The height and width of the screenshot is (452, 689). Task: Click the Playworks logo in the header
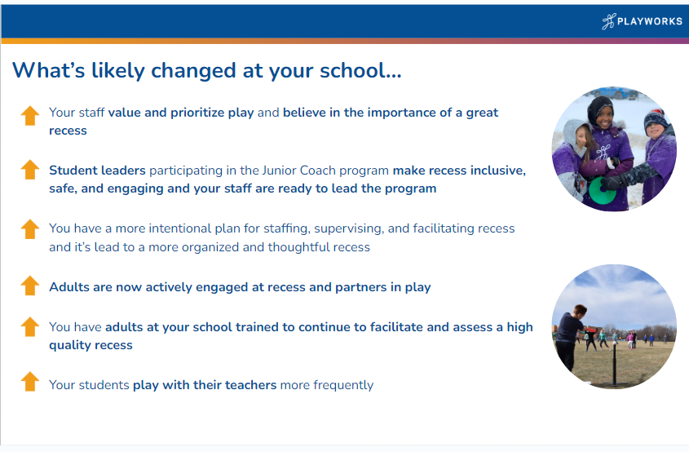642,21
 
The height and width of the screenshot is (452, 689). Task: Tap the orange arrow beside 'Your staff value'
30,116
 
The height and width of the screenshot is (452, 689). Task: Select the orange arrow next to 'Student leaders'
30,170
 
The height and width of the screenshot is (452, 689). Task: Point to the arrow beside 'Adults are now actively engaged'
30,286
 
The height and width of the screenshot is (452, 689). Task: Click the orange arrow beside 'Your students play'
30,381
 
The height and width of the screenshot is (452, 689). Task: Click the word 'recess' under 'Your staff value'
68,131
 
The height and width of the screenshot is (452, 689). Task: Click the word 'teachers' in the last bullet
250,385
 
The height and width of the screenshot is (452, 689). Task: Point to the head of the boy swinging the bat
580,310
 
